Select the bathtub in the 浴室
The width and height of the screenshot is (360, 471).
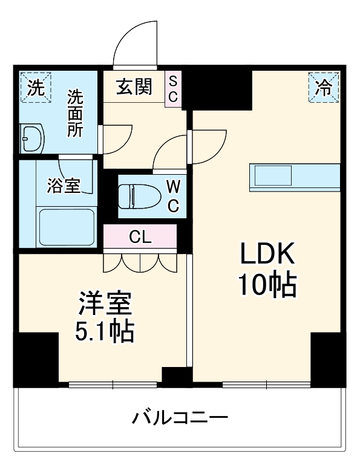pyautogui.click(x=67, y=225)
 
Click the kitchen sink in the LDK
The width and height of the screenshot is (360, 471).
pyautogui.click(x=272, y=176)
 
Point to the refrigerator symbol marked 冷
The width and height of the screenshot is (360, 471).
pyautogui.click(x=323, y=87)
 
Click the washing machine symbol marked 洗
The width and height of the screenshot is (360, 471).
pyautogui.click(x=36, y=88)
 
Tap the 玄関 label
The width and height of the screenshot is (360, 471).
pyautogui.click(x=134, y=87)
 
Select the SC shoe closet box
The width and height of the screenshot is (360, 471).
pyautogui.click(x=173, y=89)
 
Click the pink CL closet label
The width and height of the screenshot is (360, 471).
pyautogui.click(x=140, y=236)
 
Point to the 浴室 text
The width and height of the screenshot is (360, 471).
pyautogui.click(x=64, y=186)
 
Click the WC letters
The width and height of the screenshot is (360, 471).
pyautogui.click(x=172, y=196)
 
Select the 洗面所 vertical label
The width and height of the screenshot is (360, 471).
pyautogui.click(x=75, y=114)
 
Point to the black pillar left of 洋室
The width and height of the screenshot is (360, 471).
pyautogui.click(x=36, y=359)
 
